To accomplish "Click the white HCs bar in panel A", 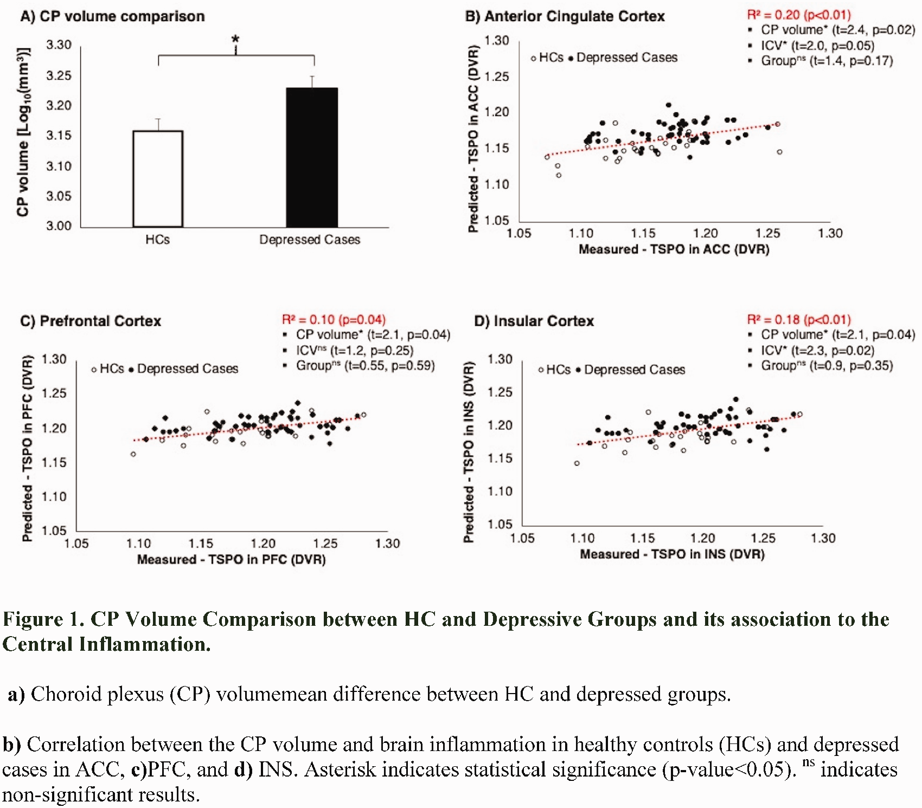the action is click(x=158, y=179).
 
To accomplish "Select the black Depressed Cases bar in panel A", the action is click(x=312, y=157).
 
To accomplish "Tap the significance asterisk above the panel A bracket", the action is click(x=235, y=40).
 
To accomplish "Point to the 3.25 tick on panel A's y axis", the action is click(x=59, y=75).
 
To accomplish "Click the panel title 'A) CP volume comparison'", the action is click(x=112, y=16).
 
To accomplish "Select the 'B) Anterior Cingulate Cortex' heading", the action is click(x=565, y=16).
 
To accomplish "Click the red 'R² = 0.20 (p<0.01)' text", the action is click(x=799, y=15).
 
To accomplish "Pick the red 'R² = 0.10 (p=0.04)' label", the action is click(x=334, y=319).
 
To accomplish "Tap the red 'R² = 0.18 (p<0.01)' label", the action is click(x=799, y=319).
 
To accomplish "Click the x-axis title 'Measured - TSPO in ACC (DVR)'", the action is click(x=674, y=249).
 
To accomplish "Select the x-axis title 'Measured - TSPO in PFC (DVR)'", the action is click(x=232, y=559).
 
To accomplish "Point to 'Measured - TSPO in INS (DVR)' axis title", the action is click(x=673, y=554).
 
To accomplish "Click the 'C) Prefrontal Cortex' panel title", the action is click(x=91, y=321).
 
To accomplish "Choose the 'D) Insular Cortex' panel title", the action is click(x=534, y=321).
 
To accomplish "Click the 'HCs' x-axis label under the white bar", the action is click(x=157, y=240).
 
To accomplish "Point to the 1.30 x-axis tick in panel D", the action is click(x=823, y=538).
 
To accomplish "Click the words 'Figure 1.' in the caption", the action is click(x=43, y=619).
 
